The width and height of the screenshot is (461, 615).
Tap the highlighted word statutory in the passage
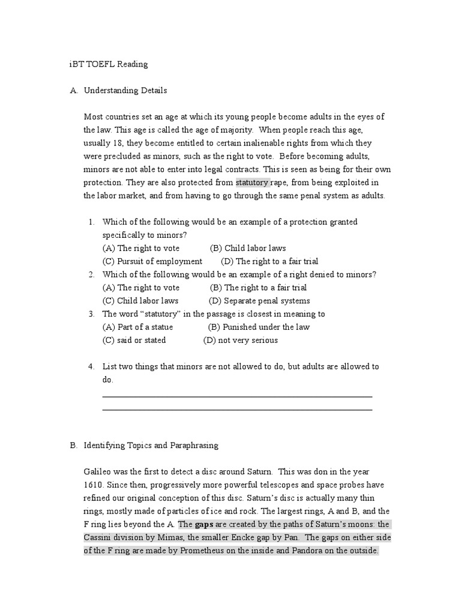point(252,183)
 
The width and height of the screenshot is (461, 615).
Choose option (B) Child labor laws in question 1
point(248,248)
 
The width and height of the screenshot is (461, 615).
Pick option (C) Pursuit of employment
point(152,261)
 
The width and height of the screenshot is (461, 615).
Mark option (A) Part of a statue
point(137,327)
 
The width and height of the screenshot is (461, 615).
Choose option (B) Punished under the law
point(259,327)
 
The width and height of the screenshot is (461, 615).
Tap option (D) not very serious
point(240,341)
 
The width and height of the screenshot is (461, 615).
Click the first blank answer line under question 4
point(237,396)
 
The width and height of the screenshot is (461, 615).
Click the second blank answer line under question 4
point(237,410)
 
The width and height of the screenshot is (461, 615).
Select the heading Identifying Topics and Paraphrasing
point(151,446)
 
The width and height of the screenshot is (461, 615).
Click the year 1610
point(94,485)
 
